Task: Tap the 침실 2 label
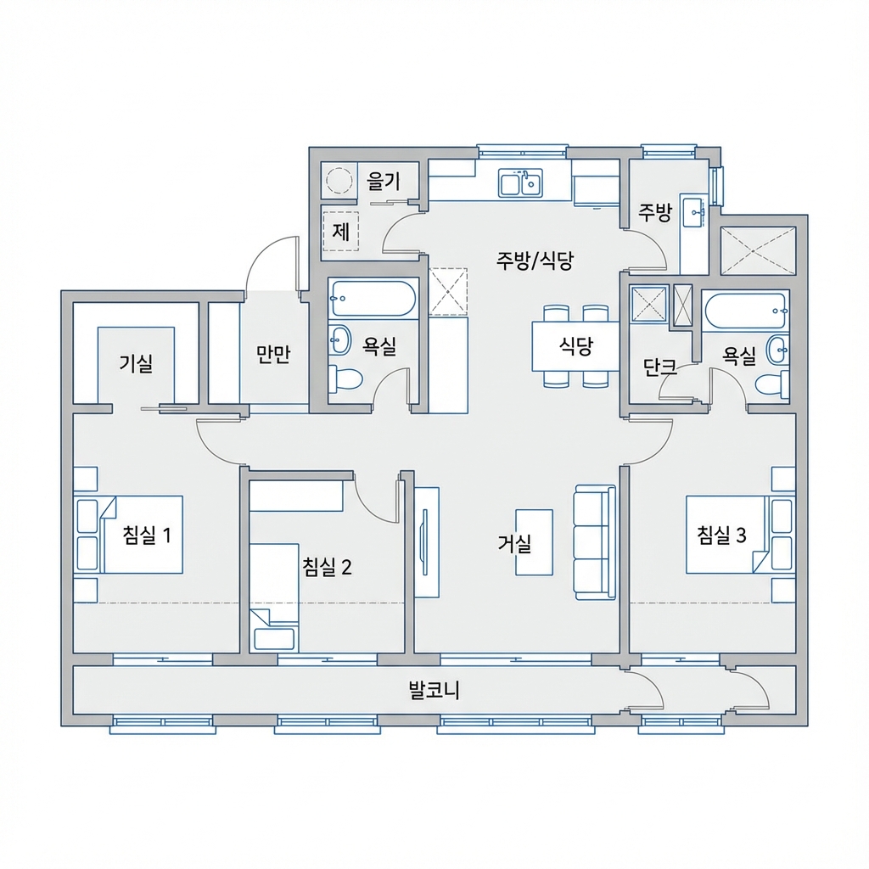pyautogui.click(x=327, y=566)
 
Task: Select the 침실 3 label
pyautogui.click(x=721, y=535)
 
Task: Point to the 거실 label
pyautogui.click(x=515, y=544)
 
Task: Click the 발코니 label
pyautogui.click(x=434, y=690)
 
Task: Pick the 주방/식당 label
pyautogui.click(x=535, y=261)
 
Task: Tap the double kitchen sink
pyautogui.click(x=520, y=182)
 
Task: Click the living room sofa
pyautogui.click(x=594, y=542)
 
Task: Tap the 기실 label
pyautogui.click(x=136, y=364)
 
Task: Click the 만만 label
pyautogui.click(x=273, y=355)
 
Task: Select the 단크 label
pyautogui.click(x=659, y=367)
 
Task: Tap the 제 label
pyautogui.click(x=341, y=231)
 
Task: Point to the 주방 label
pyautogui.click(x=655, y=212)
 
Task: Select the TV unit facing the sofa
pyautogui.click(x=426, y=542)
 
